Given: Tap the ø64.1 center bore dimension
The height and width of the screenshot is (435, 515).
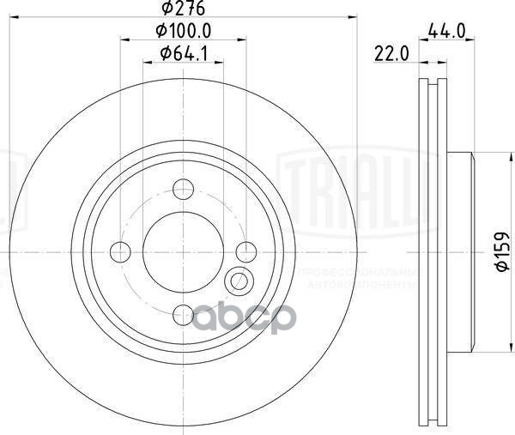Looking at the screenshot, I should point(183,55).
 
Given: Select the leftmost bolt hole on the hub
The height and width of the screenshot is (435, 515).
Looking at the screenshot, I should point(121,251).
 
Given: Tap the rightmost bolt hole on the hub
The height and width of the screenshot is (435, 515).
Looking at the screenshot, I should point(246,251).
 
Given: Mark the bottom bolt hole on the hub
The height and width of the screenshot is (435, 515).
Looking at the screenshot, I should point(184,314).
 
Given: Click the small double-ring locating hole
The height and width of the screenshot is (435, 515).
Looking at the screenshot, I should point(239,279).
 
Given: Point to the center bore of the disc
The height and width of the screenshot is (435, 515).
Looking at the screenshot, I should point(184,251).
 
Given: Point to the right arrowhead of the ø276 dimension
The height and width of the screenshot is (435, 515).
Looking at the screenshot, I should point(350,19).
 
